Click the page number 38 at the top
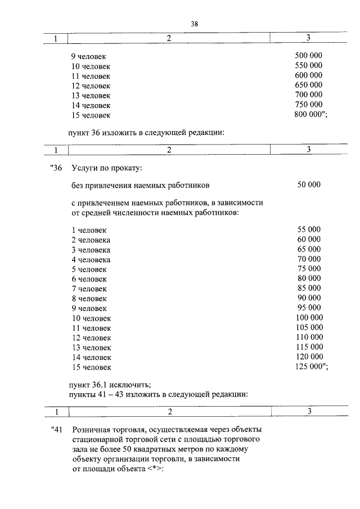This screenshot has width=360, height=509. coord(195,24)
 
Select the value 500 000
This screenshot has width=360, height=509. coord(308,56)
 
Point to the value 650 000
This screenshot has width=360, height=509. coord(308,85)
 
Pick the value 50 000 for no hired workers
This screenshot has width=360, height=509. coord(309,184)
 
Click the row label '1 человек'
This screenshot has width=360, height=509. coord(89,230)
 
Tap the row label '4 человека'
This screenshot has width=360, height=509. coord(91,259)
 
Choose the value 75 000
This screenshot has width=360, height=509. coord(309,269)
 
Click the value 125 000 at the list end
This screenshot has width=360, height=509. coord(311,366)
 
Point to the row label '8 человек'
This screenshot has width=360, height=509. coord(89,299)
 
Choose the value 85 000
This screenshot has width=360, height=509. coord(309,289)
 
